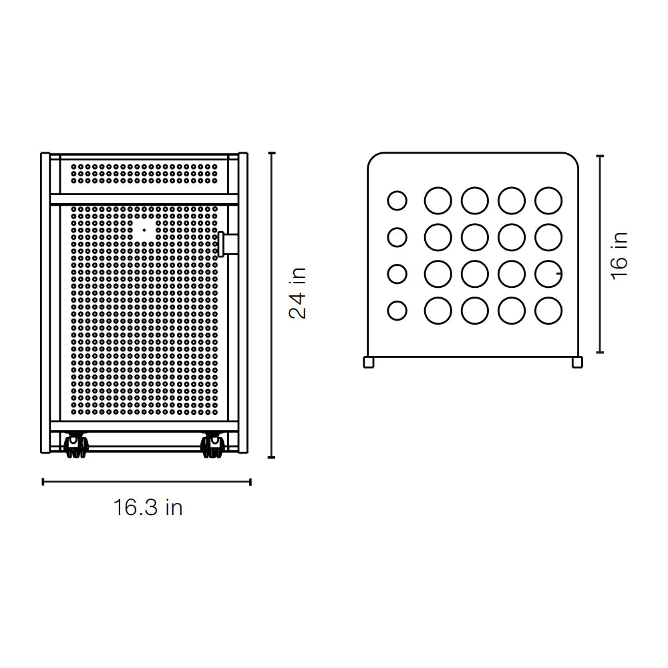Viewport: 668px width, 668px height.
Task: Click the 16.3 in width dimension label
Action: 148,508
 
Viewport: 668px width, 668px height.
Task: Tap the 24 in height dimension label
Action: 298,293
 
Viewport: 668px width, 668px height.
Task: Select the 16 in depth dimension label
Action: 619,256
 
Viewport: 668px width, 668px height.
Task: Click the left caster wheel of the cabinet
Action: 76,446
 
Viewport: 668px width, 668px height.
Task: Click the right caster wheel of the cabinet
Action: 212,446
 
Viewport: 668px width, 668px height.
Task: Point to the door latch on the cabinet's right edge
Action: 228,244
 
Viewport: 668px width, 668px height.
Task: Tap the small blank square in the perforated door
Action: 144,230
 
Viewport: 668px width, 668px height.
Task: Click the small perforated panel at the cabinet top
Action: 144,174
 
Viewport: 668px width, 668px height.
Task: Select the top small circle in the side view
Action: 397,200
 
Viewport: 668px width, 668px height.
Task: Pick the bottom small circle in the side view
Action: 397,311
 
